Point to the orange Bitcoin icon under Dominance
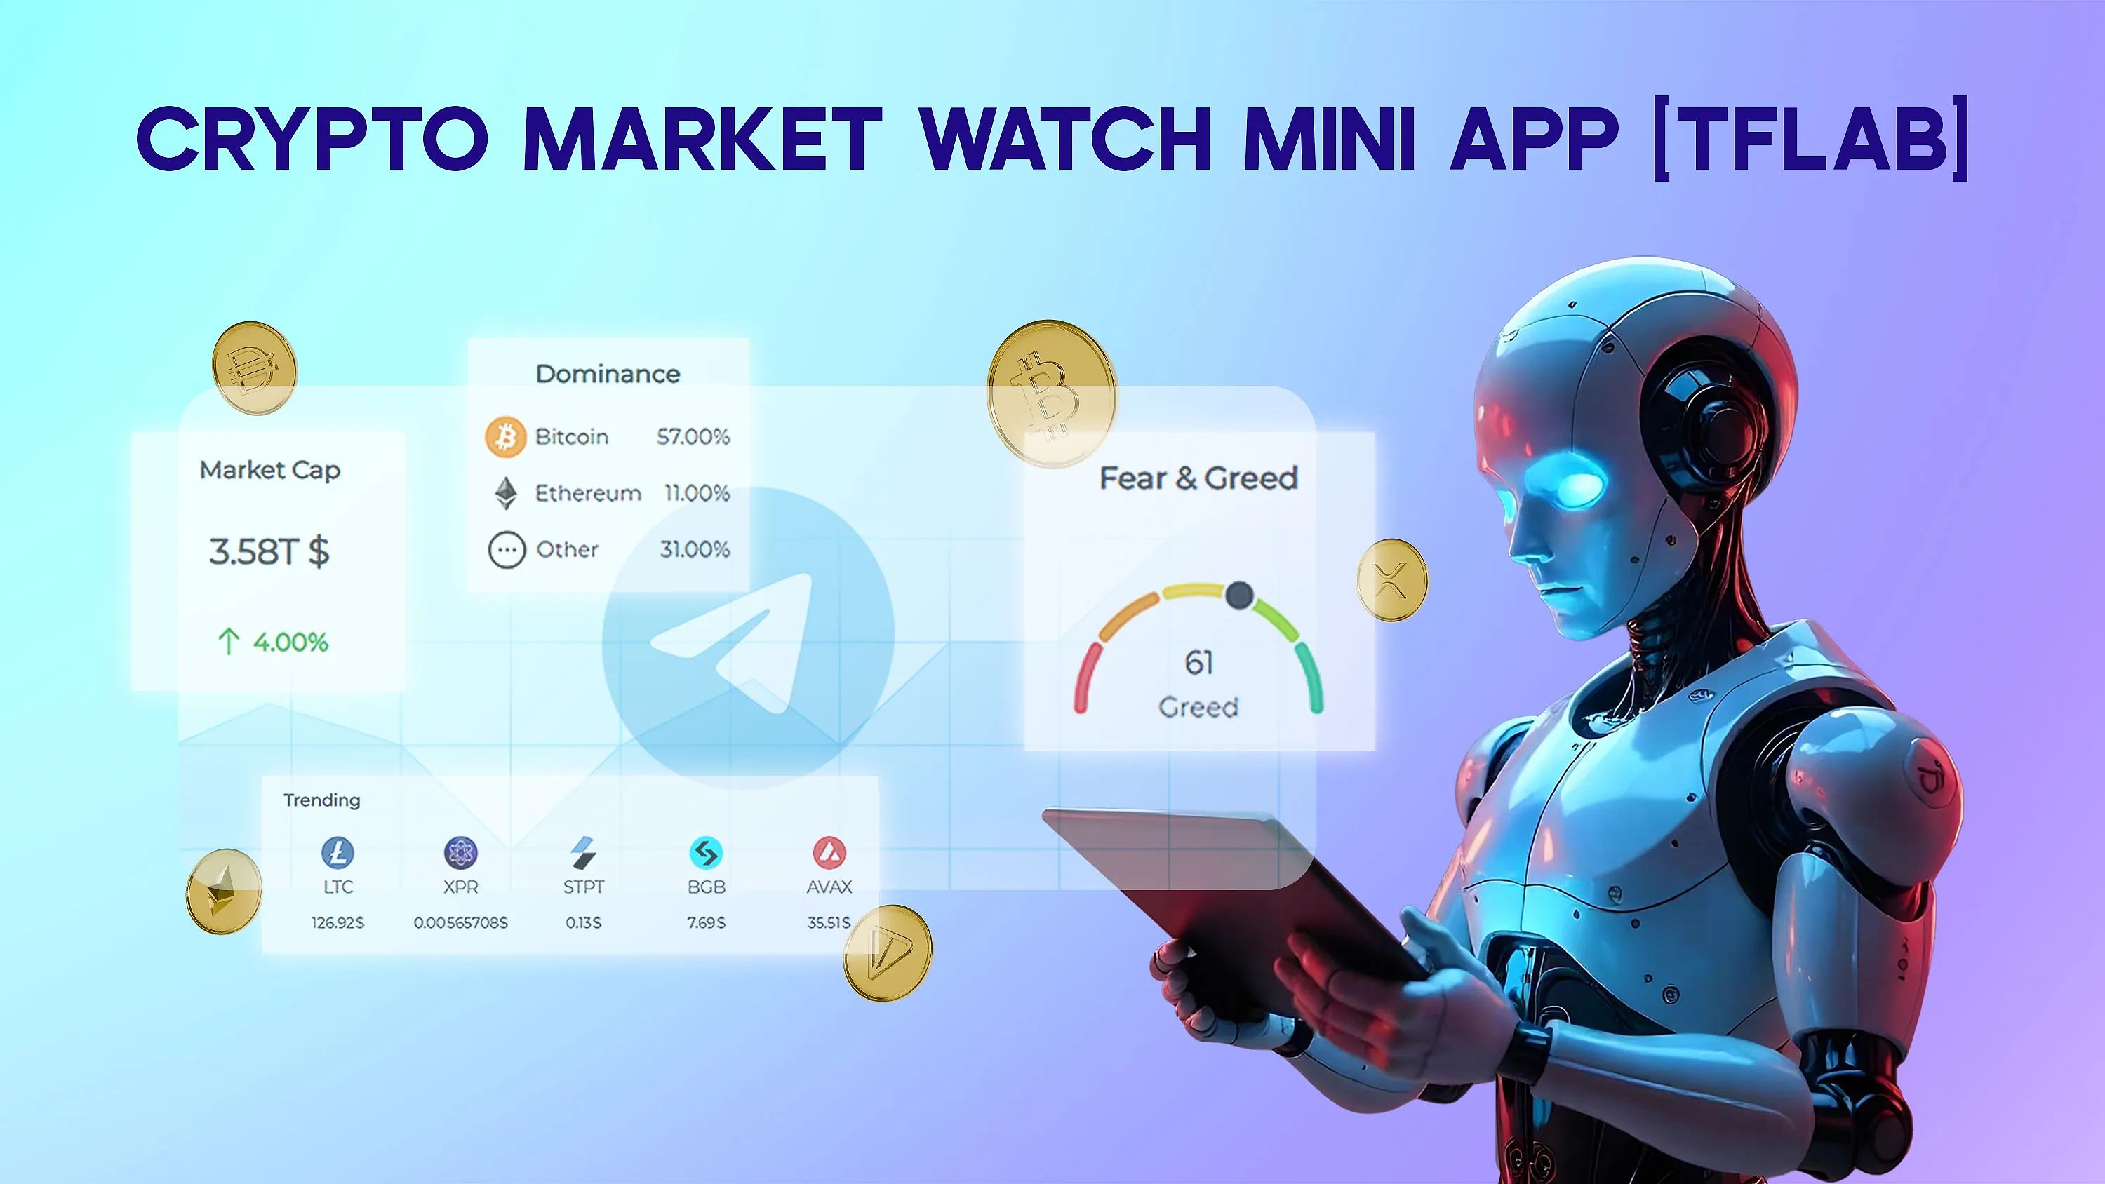(x=505, y=437)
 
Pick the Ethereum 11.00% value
(x=696, y=494)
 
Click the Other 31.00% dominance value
(x=695, y=549)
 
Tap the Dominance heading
(x=607, y=375)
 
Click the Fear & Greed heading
(x=1198, y=478)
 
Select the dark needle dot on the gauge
(x=1239, y=595)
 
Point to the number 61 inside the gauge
(x=1198, y=663)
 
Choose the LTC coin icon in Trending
(x=338, y=853)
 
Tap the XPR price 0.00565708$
(x=460, y=922)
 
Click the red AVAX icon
(x=829, y=853)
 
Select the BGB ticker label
(x=706, y=887)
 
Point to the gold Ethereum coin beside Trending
(x=223, y=891)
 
